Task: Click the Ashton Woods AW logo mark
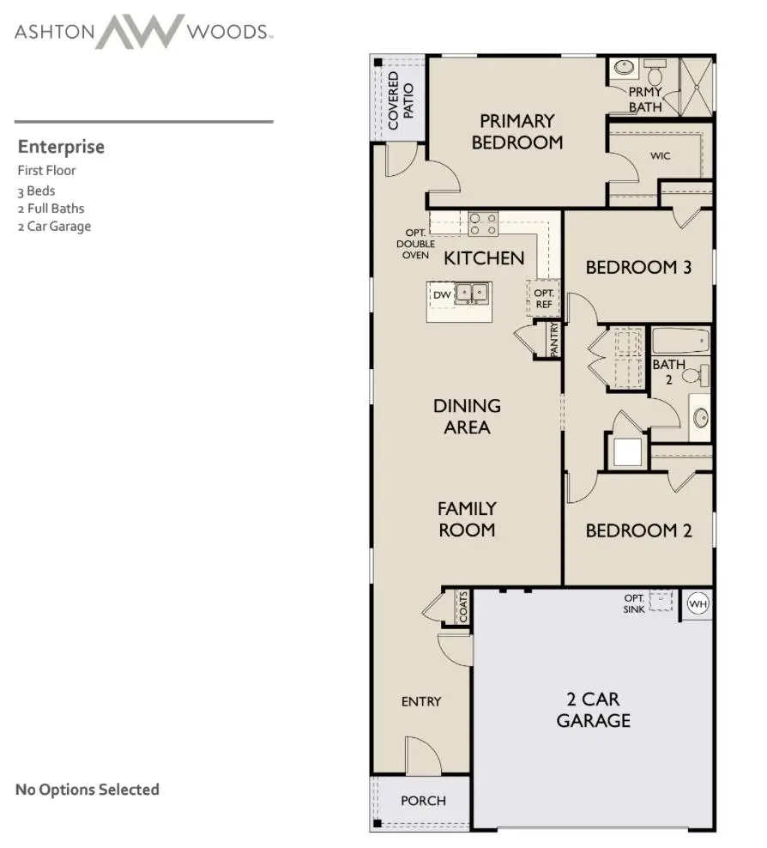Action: (x=139, y=33)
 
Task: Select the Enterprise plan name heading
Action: (x=61, y=147)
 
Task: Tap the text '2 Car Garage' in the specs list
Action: (x=54, y=227)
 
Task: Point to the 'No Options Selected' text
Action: (x=88, y=790)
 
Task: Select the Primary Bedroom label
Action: (x=516, y=131)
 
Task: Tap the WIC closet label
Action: (x=660, y=157)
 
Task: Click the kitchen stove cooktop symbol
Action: (x=483, y=223)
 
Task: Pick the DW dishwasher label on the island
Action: (x=442, y=295)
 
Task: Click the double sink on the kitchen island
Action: (x=471, y=294)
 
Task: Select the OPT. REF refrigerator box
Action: (x=543, y=298)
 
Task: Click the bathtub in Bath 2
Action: (x=680, y=341)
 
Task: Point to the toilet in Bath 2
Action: (x=700, y=375)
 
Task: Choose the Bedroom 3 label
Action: (x=637, y=268)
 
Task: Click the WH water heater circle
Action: (x=698, y=603)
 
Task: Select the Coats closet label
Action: (x=462, y=608)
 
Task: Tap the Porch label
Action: (x=423, y=801)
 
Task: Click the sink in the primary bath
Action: (x=622, y=68)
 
